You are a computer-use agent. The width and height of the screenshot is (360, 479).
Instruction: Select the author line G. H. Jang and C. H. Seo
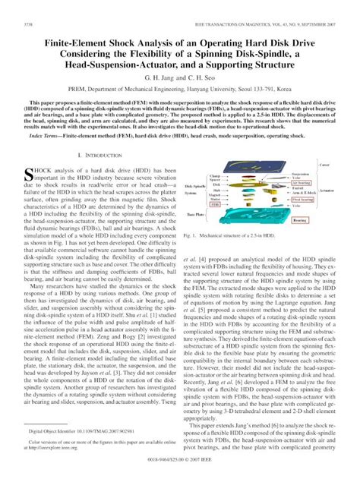coord(179,55)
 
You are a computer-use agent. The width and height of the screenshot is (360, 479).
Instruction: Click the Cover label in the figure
coord(324,164)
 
